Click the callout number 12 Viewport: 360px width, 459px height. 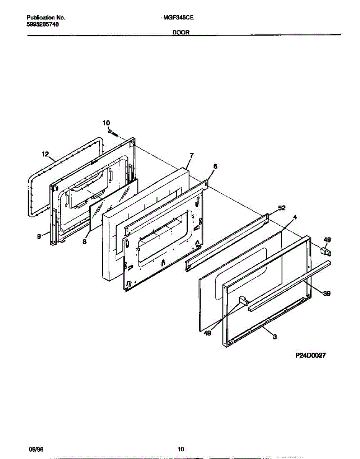click(46, 155)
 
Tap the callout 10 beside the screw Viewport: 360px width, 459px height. click(106, 122)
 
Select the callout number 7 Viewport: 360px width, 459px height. click(191, 156)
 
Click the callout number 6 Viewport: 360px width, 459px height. click(215, 166)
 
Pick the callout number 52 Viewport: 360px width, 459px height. click(282, 208)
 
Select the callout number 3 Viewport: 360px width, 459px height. click(275, 337)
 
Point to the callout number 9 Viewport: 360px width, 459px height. click(39, 237)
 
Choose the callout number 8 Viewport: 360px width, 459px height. click(85, 242)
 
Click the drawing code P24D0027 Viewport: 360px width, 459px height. click(310, 355)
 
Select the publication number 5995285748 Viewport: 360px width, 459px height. click(43, 24)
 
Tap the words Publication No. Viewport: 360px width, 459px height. click(46, 18)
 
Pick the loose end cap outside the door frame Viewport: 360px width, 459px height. click(326, 251)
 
